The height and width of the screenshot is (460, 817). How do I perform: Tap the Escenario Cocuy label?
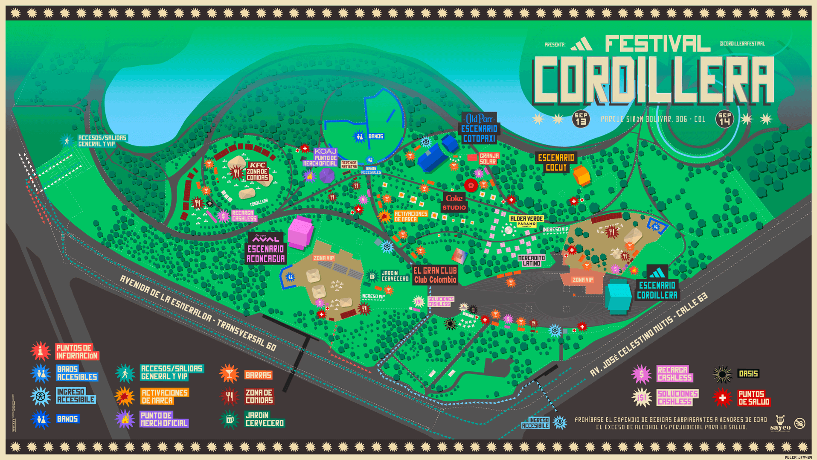pos(556,163)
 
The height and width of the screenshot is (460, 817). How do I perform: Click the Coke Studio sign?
pos(454,203)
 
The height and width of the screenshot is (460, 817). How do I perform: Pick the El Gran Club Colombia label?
pos(435,275)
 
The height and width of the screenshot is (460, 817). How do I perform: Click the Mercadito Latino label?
pos(531,261)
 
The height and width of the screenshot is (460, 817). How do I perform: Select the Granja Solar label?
pos(488,159)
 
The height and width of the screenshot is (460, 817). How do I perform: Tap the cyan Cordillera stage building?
pos(618,297)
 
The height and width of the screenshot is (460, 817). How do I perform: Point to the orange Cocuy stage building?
pos(581,175)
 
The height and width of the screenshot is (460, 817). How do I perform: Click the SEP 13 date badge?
pos(581,119)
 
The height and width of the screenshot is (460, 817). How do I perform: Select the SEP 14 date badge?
pos(724,119)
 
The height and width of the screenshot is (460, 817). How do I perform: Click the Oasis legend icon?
pos(722,374)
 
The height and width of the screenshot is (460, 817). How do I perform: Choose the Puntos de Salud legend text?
pos(754,398)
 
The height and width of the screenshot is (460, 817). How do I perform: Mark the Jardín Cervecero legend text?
pos(264,419)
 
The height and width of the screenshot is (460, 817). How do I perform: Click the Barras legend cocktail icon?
pos(229,374)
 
